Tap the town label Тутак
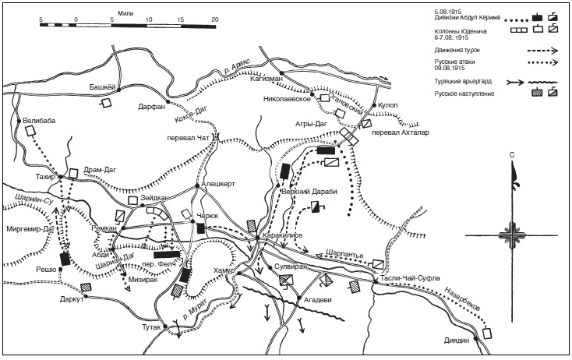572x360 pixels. tap(150, 328)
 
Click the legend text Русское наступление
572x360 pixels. tap(464, 94)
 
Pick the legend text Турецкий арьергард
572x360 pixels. tap(463, 80)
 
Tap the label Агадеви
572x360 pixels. tap(319, 298)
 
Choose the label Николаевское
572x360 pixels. tap(287, 100)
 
